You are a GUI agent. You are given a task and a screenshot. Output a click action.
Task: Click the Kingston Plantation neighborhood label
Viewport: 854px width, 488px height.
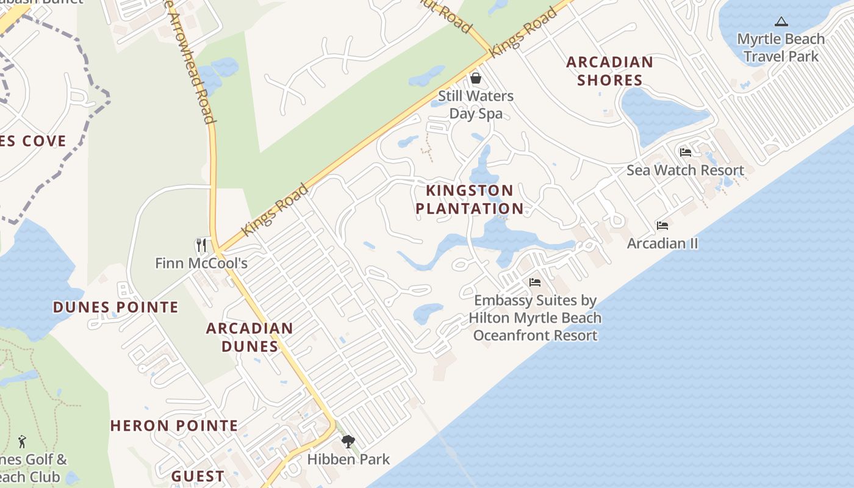pyautogui.click(x=469, y=199)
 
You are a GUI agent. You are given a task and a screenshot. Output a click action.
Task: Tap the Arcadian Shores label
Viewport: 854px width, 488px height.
pyautogui.click(x=609, y=71)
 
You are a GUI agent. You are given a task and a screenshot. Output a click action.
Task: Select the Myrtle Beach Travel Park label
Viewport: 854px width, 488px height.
pyautogui.click(x=781, y=48)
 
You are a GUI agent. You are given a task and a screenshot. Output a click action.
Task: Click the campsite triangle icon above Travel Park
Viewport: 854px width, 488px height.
pyautogui.click(x=781, y=22)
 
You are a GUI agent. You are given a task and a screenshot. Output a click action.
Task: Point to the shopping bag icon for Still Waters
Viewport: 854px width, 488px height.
pyautogui.click(x=475, y=78)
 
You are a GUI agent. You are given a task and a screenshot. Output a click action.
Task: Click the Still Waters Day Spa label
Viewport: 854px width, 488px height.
pyautogui.click(x=476, y=104)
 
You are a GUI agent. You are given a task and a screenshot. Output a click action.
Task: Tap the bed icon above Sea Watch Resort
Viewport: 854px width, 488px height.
pyautogui.click(x=685, y=152)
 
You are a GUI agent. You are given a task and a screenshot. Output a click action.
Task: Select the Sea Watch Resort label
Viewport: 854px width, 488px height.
pyautogui.click(x=685, y=170)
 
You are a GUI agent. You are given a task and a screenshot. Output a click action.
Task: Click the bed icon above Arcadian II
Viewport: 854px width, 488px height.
pyautogui.click(x=662, y=226)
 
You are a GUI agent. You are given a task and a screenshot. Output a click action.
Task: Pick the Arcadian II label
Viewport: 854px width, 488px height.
pyautogui.click(x=662, y=243)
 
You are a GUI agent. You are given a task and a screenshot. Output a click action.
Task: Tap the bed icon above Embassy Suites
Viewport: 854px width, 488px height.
pyautogui.click(x=535, y=282)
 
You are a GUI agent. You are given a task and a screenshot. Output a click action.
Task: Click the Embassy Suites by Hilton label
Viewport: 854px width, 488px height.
pyautogui.click(x=535, y=318)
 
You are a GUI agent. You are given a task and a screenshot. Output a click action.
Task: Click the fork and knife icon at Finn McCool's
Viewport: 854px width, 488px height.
pyautogui.click(x=201, y=245)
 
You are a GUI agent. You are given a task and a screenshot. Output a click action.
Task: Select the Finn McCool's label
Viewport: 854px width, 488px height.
pyautogui.click(x=201, y=264)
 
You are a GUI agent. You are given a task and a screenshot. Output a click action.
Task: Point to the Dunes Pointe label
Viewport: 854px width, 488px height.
pyautogui.click(x=116, y=307)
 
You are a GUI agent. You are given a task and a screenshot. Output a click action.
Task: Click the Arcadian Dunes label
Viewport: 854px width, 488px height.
pyautogui.click(x=249, y=337)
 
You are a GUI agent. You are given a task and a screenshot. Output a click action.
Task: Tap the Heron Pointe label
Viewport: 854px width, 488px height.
pyautogui.click(x=174, y=426)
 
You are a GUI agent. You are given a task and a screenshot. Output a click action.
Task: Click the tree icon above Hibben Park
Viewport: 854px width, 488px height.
pyautogui.click(x=348, y=441)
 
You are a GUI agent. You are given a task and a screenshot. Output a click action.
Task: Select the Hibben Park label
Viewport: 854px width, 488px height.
pyautogui.click(x=348, y=459)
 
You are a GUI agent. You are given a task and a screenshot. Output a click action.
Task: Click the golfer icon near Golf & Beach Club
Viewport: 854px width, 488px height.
pyautogui.click(x=23, y=441)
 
